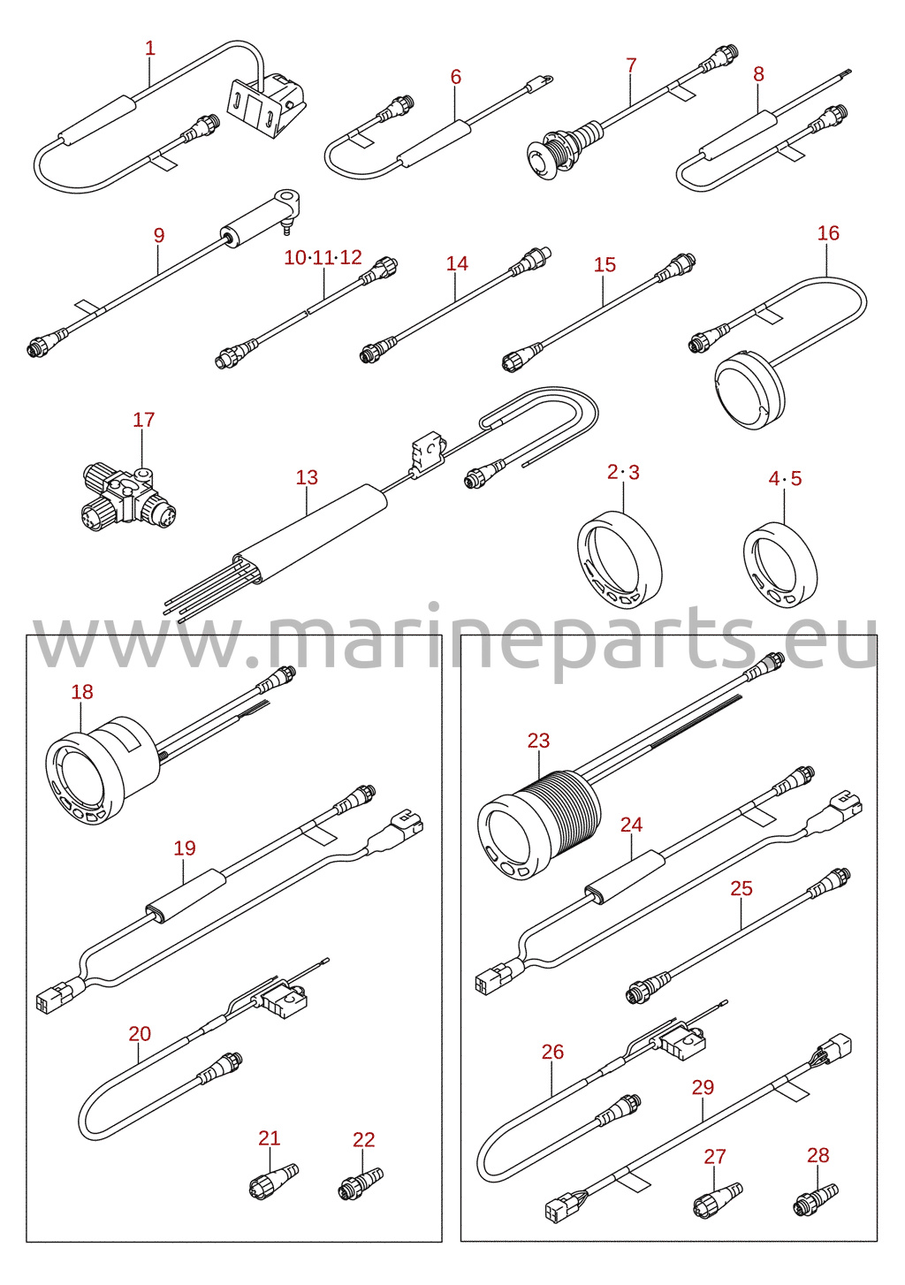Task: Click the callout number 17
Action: tap(143, 420)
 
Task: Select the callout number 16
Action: tap(828, 233)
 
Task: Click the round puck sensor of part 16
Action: tap(749, 390)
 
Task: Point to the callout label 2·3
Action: tap(623, 472)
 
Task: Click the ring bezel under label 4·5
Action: tap(780, 565)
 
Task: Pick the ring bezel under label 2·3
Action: tap(620, 562)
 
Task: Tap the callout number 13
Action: tap(307, 477)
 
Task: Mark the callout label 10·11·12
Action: tap(323, 257)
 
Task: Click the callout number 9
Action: tap(159, 235)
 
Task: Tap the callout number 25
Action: tap(741, 888)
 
